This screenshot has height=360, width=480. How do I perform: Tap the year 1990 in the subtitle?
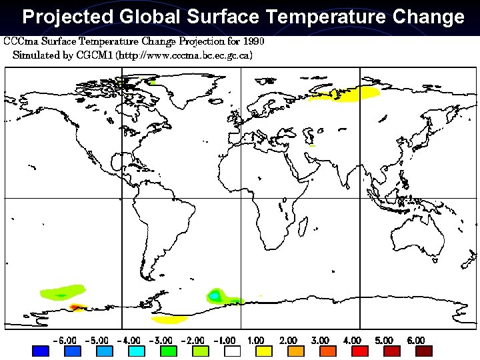click(253, 41)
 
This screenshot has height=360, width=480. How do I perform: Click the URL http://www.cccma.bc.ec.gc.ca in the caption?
click(184, 55)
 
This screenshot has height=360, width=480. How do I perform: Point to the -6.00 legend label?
click(64, 340)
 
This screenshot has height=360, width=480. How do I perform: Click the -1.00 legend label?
click(225, 340)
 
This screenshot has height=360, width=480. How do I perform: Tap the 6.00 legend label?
click(416, 340)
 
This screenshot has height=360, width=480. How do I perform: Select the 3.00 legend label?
click(321, 340)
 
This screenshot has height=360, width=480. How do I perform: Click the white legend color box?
click(233, 351)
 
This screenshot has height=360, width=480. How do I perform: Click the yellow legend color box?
click(264, 351)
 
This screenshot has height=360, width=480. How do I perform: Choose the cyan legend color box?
click(136, 351)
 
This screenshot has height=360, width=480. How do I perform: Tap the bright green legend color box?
click(168, 351)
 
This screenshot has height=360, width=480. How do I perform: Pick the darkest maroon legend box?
click(424, 351)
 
